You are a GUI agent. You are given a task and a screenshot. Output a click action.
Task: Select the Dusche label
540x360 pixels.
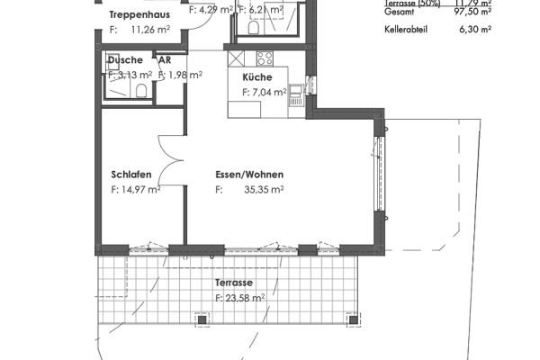coord(124,60)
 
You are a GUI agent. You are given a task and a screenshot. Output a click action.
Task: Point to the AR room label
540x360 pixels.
coord(165,60)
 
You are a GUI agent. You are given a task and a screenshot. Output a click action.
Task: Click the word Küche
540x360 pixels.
coord(256,77)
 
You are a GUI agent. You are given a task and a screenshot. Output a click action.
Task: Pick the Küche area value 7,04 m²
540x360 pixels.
coord(268,91)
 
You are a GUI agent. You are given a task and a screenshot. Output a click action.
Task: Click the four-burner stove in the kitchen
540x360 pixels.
coord(265,60)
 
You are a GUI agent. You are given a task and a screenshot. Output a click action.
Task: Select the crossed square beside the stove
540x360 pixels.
coord(237,60)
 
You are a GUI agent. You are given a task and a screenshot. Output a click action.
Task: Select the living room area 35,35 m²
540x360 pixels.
coord(264,190)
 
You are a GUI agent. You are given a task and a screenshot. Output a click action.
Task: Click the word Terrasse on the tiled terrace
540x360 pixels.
coord(233,283)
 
